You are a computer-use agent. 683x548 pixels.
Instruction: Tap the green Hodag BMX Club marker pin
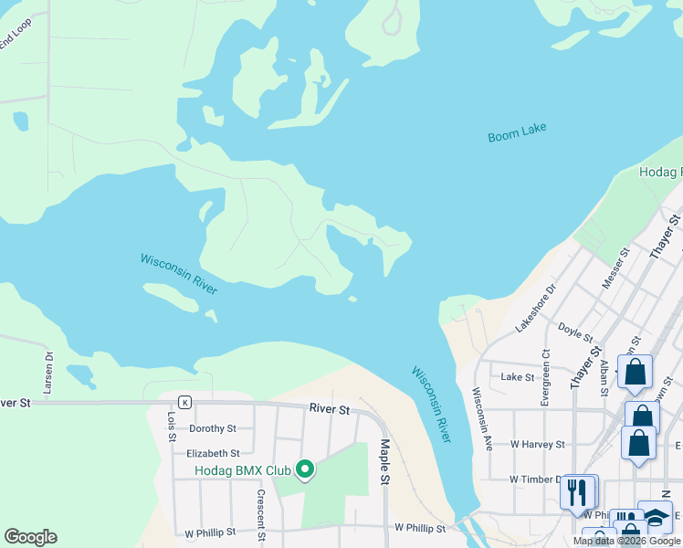coord(305,470)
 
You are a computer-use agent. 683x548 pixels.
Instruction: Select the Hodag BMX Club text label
coord(243,471)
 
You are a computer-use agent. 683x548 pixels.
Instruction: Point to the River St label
coord(329,410)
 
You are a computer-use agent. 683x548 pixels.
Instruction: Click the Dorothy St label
coord(212,427)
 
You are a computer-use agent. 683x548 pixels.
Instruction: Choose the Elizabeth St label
coord(212,453)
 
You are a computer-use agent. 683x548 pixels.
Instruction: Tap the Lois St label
coord(171,425)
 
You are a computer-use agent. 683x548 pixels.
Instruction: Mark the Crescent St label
coord(260,507)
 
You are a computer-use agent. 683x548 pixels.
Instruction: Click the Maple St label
coord(384,463)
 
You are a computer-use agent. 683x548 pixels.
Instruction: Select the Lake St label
coord(518,376)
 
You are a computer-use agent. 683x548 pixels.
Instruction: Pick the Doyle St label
coord(575,332)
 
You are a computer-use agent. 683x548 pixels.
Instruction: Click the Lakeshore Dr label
coord(535,309)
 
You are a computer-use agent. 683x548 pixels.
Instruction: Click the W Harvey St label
coord(537,445)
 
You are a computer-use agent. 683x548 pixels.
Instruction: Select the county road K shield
coord(184,401)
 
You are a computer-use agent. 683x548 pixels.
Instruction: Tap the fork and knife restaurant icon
coord(576,492)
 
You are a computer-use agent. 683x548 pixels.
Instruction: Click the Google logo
coord(30,537)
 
